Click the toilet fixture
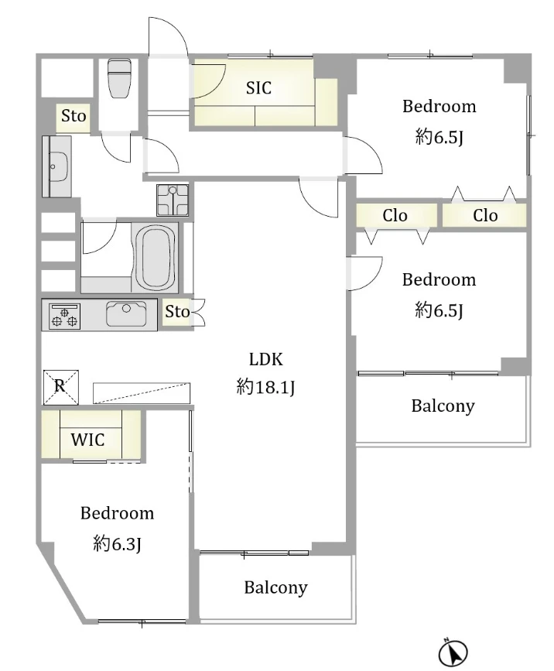click(x=119, y=78)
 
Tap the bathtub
click(x=159, y=258)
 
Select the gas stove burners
click(x=64, y=317)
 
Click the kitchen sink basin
click(x=126, y=313)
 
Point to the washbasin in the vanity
click(x=58, y=166)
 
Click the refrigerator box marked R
click(x=61, y=387)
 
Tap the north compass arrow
click(x=453, y=653)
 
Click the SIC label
click(x=258, y=87)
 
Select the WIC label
click(x=87, y=440)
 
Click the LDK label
click(x=265, y=359)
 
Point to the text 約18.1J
click(x=265, y=387)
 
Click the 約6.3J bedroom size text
click(x=117, y=544)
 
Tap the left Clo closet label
click(x=395, y=215)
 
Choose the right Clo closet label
click(x=485, y=215)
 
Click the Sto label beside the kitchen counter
click(x=177, y=312)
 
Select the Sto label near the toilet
click(x=74, y=115)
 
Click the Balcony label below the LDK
click(x=275, y=587)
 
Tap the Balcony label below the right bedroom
click(x=443, y=406)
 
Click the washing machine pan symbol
click(x=173, y=200)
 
